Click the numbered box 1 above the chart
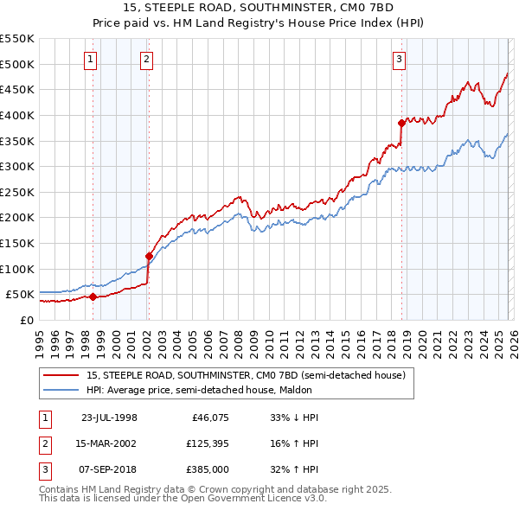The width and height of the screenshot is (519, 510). (92, 60)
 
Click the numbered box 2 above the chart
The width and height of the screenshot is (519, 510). (147, 60)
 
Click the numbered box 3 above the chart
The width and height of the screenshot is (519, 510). (399, 60)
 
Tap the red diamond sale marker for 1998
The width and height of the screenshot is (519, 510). (93, 296)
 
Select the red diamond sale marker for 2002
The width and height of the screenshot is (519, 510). (149, 256)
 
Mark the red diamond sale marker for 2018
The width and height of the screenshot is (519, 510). (401, 123)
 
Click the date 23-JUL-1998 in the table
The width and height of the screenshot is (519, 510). (109, 418)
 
